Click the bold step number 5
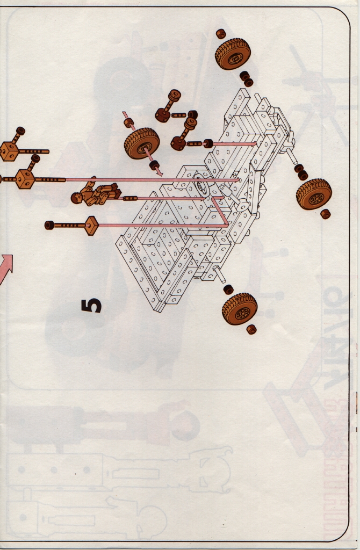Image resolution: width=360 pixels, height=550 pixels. pyautogui.click(x=91, y=306)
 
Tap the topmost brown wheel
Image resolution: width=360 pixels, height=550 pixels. pyautogui.click(x=233, y=54)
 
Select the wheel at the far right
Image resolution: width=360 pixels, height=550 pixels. pyautogui.click(x=314, y=194)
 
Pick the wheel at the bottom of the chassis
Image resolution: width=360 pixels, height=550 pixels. pyautogui.click(x=240, y=309)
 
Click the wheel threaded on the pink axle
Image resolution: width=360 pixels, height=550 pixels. pyautogui.click(x=142, y=143)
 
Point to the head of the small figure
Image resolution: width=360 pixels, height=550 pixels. pyautogui.click(x=76, y=198)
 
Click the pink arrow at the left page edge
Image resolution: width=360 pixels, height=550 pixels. pyautogui.click(x=5, y=269)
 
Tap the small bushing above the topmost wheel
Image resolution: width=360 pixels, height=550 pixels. pyautogui.click(x=221, y=34)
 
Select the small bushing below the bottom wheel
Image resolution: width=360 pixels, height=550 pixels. pyautogui.click(x=251, y=330)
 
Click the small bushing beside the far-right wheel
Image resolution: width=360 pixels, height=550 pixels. pyautogui.click(x=326, y=214)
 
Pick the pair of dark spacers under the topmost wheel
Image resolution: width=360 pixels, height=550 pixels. pyautogui.click(x=246, y=79)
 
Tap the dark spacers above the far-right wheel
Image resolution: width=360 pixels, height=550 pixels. pyautogui.click(x=301, y=172)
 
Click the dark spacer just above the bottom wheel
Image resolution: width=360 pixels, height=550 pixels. pyautogui.click(x=228, y=290)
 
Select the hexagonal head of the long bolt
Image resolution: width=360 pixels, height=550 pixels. pyautogui.click(x=91, y=226)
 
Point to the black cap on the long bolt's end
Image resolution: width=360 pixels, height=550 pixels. pyautogui.click(x=49, y=225)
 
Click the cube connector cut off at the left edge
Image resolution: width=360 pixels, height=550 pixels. pyautogui.click(x=7, y=151)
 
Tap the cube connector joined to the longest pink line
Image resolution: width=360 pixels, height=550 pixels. pyautogui.click(x=25, y=179)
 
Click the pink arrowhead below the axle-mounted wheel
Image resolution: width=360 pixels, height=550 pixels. pyautogui.click(x=159, y=172)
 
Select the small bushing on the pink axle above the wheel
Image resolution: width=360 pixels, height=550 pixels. pyautogui.click(x=129, y=123)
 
